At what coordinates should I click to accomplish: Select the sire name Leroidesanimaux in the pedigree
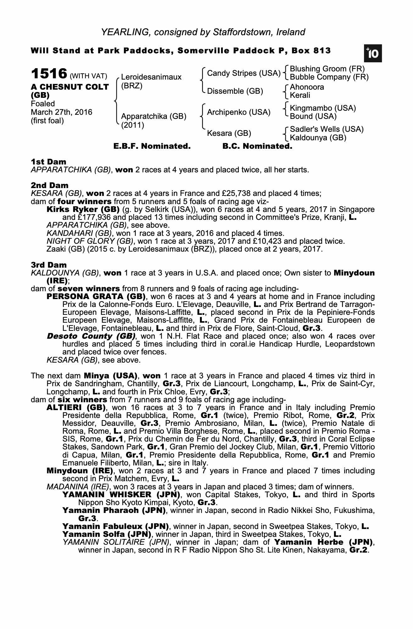pyautogui.click(x=151, y=77)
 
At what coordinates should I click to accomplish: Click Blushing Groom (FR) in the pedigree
pyautogui.click(x=327, y=69)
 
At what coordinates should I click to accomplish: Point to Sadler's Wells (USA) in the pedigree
pyautogui.click(x=327, y=129)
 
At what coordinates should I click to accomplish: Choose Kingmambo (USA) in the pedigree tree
pyautogui.click(x=323, y=108)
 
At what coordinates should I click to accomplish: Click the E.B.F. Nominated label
pyautogui.click(x=152, y=146)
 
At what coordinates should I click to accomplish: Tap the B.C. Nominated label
pyautogui.click(x=257, y=146)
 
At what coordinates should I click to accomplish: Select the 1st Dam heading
pyautogui.click(x=48, y=162)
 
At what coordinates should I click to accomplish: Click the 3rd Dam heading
pyautogui.click(x=49, y=265)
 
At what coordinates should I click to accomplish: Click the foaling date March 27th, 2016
pyautogui.click(x=62, y=112)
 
